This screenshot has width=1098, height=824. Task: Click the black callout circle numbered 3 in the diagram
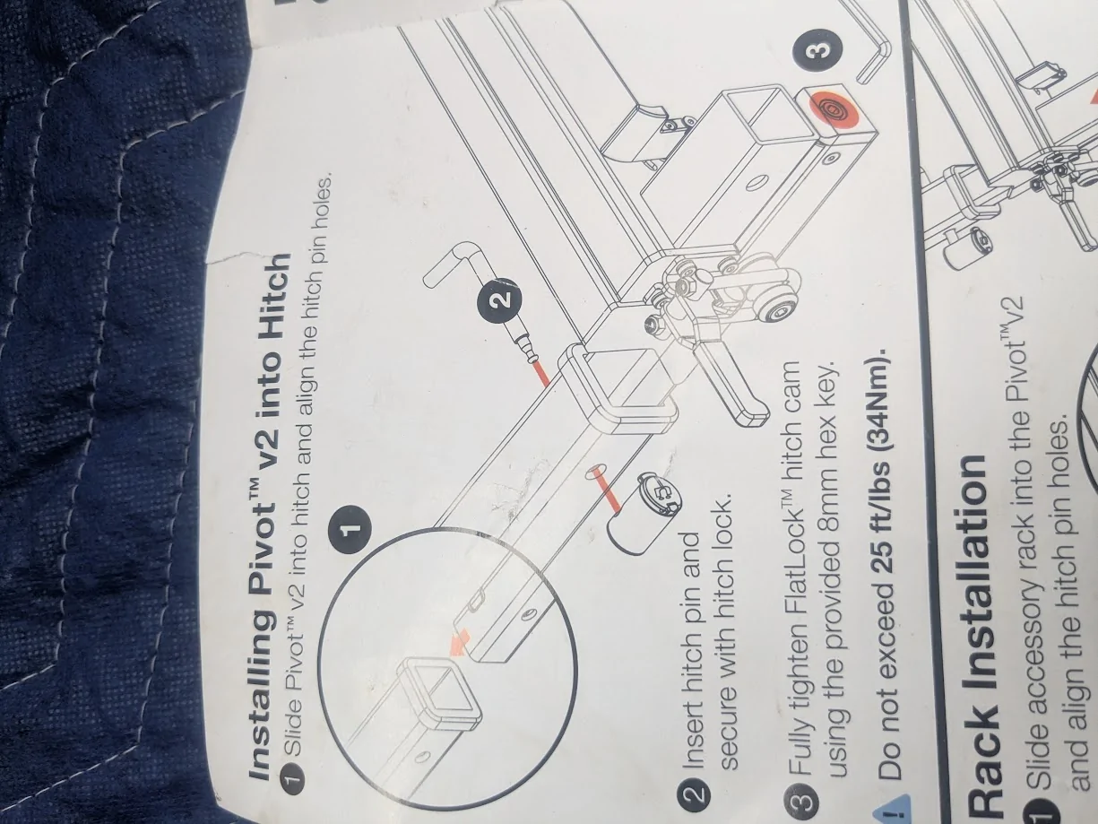pyautogui.click(x=817, y=50)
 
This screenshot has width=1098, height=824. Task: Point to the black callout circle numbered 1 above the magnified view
pyautogui.click(x=351, y=528)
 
